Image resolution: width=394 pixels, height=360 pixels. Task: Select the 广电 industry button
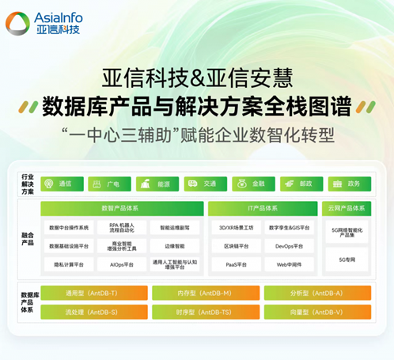tap(108, 184)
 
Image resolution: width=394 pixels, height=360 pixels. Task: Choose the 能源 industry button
tap(157, 184)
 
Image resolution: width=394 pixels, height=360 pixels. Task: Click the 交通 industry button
tap(204, 184)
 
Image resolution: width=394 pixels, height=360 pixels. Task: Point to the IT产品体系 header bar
tap(262, 209)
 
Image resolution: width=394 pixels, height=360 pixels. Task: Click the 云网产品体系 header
tap(347, 209)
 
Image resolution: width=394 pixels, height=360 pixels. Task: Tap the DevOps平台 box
tap(288, 246)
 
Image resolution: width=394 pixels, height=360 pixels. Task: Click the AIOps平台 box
tap(122, 264)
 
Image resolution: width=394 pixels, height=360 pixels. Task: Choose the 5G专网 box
tap(347, 259)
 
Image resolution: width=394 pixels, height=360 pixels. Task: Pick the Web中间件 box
tap(288, 264)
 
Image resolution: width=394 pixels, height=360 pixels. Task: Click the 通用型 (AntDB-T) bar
tap(93, 293)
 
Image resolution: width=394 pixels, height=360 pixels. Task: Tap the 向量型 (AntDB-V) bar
tap(316, 312)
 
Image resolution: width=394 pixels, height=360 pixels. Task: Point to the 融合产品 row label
tap(27, 238)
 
